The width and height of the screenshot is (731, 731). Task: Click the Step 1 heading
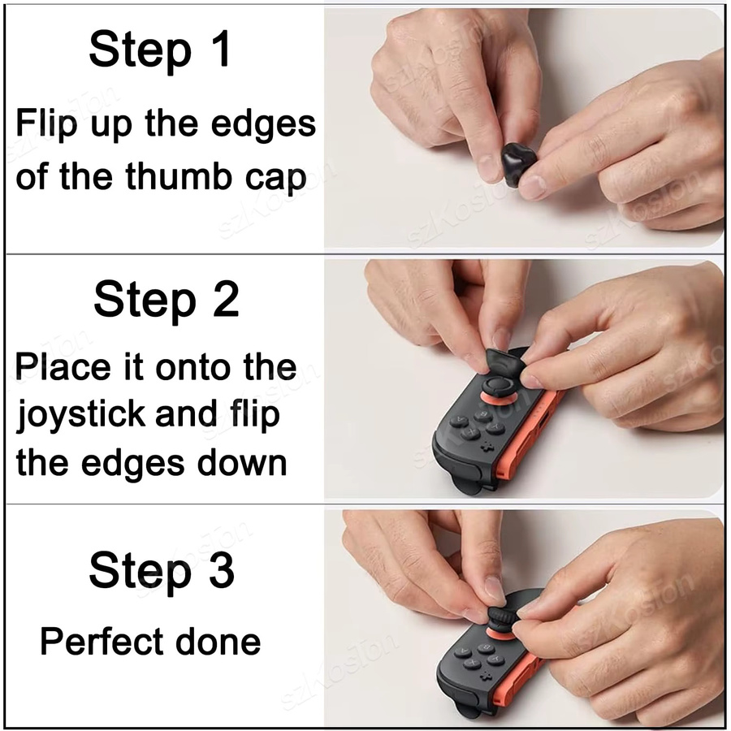click(x=160, y=49)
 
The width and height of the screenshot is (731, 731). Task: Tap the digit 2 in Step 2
click(x=221, y=299)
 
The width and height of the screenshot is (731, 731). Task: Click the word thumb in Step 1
click(x=178, y=176)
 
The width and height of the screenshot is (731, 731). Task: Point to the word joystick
click(x=80, y=415)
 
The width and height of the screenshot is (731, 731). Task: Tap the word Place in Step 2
click(x=63, y=366)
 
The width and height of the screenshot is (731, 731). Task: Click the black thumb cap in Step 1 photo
click(x=519, y=165)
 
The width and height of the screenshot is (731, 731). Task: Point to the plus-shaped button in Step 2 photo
click(x=487, y=447)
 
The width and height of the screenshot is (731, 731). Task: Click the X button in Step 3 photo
click(x=472, y=664)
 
